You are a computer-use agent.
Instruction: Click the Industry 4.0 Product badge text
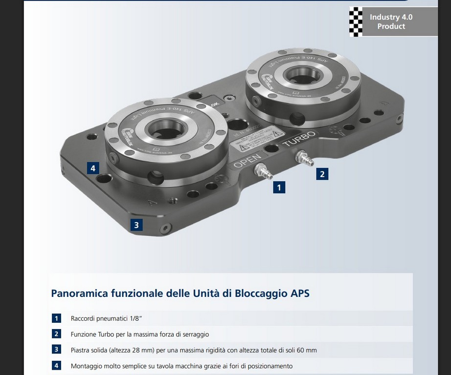pyautogui.click(x=391, y=21)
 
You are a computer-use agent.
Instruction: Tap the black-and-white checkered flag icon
pyautogui.click(x=356, y=22)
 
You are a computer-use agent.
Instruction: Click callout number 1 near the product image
pyautogui.click(x=279, y=187)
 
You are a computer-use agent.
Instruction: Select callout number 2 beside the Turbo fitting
pyautogui.click(x=321, y=173)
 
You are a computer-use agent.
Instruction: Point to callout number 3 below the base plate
pyautogui.click(x=136, y=225)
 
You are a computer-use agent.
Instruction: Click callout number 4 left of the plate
pyautogui.click(x=93, y=168)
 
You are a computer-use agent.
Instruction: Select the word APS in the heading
pyautogui.click(x=300, y=294)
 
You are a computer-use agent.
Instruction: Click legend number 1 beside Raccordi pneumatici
pyautogui.click(x=56, y=318)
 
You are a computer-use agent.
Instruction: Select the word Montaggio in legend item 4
pyautogui.click(x=87, y=366)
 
